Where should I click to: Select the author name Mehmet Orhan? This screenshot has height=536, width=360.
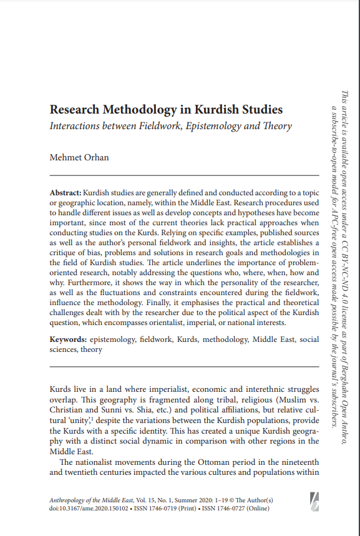pos(79,157)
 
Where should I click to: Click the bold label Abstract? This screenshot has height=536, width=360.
pos(65,193)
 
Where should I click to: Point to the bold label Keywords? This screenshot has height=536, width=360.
pos(69,339)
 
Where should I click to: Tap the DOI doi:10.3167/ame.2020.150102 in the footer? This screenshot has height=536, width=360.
pos(87,509)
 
